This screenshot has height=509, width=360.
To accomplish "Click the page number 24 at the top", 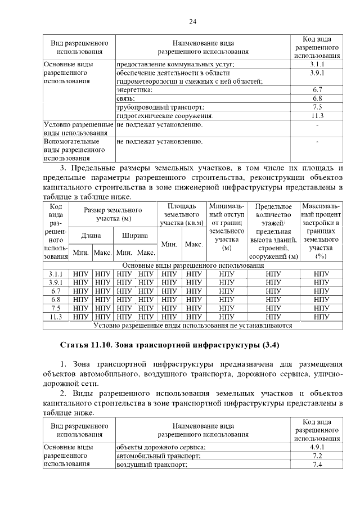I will (x=192, y=21).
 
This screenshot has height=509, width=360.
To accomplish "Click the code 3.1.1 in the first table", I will (x=317, y=64).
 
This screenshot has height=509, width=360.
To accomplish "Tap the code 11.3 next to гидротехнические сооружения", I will (x=317, y=115).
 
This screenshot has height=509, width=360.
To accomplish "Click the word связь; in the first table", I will (x=126, y=98).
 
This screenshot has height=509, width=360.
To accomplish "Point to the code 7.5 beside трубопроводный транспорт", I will (x=317, y=107).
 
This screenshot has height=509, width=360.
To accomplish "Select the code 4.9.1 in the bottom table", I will (x=317, y=447).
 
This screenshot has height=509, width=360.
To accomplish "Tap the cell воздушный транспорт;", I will (x=151, y=465).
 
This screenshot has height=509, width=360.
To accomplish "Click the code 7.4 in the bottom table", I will (x=317, y=465).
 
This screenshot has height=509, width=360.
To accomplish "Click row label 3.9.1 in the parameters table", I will (x=55, y=282).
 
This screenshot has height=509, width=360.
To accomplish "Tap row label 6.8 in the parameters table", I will (x=55, y=300).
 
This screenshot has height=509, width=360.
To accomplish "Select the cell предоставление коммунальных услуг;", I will (x=175, y=64).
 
